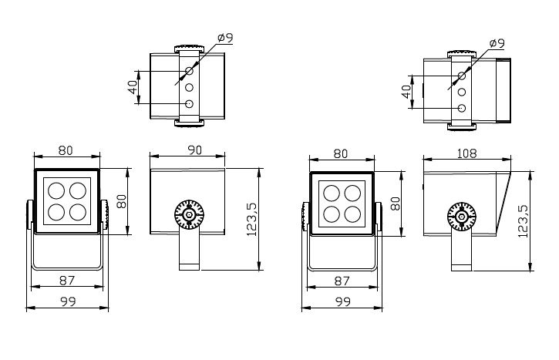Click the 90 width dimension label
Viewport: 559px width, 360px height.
click(x=194, y=150)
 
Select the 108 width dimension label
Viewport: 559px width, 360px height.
click(x=466, y=153)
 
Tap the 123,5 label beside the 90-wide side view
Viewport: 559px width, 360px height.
click(x=251, y=219)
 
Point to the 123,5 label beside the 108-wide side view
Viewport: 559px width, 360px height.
click(x=524, y=221)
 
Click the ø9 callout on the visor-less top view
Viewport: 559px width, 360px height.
click(x=225, y=38)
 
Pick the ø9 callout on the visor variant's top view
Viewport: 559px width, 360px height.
click(x=497, y=43)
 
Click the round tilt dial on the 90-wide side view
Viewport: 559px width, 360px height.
click(x=189, y=214)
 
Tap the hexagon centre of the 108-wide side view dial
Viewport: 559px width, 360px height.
click(x=462, y=217)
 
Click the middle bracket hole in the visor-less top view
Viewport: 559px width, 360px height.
click(x=190, y=87)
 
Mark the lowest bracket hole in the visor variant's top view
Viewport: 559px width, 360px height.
click(x=462, y=108)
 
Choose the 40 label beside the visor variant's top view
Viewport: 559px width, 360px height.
click(x=406, y=92)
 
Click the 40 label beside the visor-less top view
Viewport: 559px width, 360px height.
click(x=133, y=87)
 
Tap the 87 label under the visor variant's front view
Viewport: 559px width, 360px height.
click(x=342, y=281)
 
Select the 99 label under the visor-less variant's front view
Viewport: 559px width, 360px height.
click(x=68, y=302)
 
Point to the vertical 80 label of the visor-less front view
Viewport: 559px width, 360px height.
click(x=122, y=201)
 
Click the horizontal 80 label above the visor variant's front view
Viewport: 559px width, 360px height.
click(x=341, y=153)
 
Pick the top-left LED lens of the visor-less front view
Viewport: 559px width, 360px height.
click(x=56, y=190)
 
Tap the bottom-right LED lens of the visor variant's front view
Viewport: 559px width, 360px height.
click(x=352, y=214)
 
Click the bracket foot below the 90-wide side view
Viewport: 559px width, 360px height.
click(x=189, y=267)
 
